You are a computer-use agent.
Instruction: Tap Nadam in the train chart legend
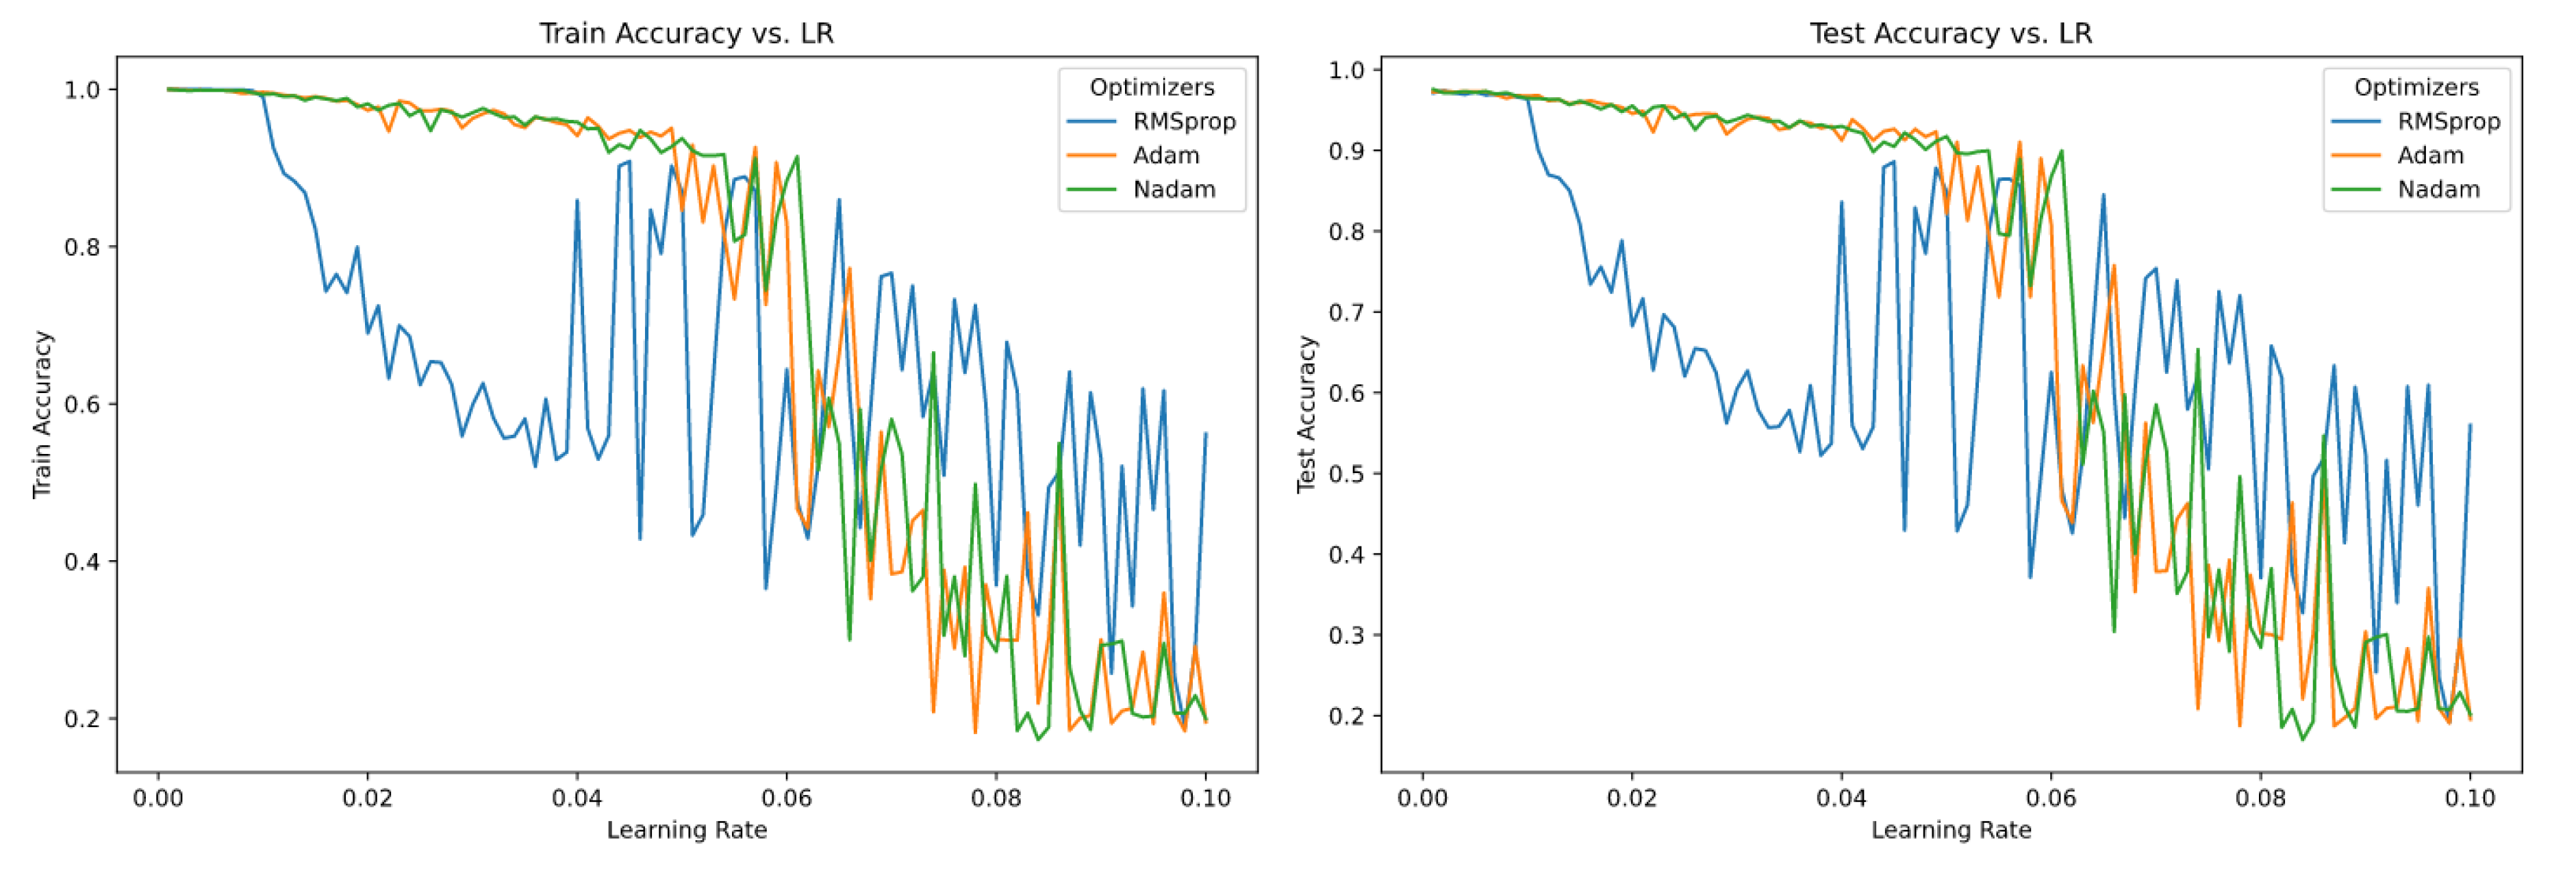1173,189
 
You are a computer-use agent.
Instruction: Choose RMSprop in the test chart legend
2447,122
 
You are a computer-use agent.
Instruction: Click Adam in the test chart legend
2429,155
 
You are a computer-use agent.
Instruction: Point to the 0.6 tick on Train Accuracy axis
84,404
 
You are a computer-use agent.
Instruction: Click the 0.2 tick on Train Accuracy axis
84,718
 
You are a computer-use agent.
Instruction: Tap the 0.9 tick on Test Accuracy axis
1348,151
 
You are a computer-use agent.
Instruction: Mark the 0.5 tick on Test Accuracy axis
1348,474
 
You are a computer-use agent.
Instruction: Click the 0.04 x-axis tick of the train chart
577,798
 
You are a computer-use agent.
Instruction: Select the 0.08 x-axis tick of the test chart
2260,798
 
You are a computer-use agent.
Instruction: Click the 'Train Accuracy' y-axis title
42,414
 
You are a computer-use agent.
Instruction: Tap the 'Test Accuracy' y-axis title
1306,414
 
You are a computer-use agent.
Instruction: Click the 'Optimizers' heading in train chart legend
1151,87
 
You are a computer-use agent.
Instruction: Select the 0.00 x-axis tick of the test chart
1423,798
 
